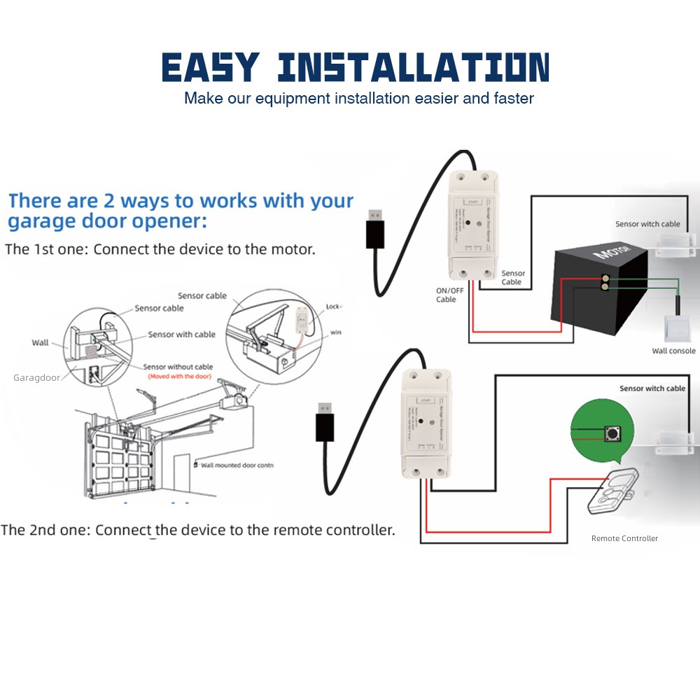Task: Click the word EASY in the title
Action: [x=210, y=68]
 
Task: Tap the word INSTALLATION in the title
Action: [x=413, y=68]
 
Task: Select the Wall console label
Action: [x=673, y=351]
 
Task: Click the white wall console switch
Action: [x=677, y=327]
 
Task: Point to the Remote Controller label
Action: [x=624, y=538]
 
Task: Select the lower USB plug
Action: [x=324, y=420]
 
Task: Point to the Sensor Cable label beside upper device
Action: [x=512, y=277]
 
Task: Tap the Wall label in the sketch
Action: [x=40, y=342]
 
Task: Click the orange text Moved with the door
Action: [x=179, y=377]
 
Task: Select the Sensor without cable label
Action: [x=178, y=367]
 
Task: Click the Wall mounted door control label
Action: [x=236, y=465]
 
